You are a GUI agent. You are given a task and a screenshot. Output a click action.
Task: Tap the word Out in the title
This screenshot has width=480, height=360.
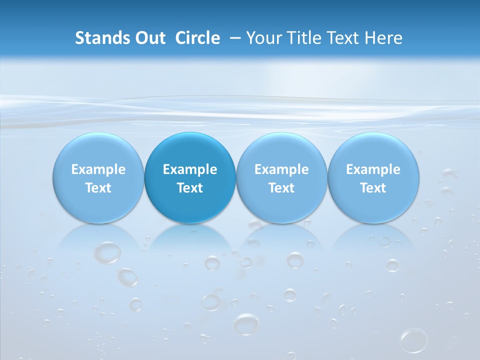(x=149, y=38)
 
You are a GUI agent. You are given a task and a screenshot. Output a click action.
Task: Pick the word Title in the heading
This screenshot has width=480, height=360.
(x=301, y=38)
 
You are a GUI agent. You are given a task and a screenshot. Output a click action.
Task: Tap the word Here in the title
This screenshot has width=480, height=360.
(x=383, y=38)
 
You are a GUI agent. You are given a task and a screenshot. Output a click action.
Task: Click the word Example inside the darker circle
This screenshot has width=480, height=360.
(x=190, y=169)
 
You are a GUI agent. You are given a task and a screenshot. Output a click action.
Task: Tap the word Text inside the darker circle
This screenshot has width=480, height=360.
(x=190, y=188)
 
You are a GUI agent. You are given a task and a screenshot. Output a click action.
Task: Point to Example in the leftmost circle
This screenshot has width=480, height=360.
(x=98, y=169)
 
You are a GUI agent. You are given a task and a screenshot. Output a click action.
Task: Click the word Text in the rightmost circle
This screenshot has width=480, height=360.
(x=373, y=188)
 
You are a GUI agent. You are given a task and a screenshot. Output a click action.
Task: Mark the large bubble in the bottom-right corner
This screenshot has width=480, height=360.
(x=413, y=340)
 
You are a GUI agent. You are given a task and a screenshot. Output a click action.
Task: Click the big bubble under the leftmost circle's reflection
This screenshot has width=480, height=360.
(x=107, y=252)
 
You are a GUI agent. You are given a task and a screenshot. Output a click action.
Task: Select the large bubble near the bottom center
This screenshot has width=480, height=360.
(x=246, y=324)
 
